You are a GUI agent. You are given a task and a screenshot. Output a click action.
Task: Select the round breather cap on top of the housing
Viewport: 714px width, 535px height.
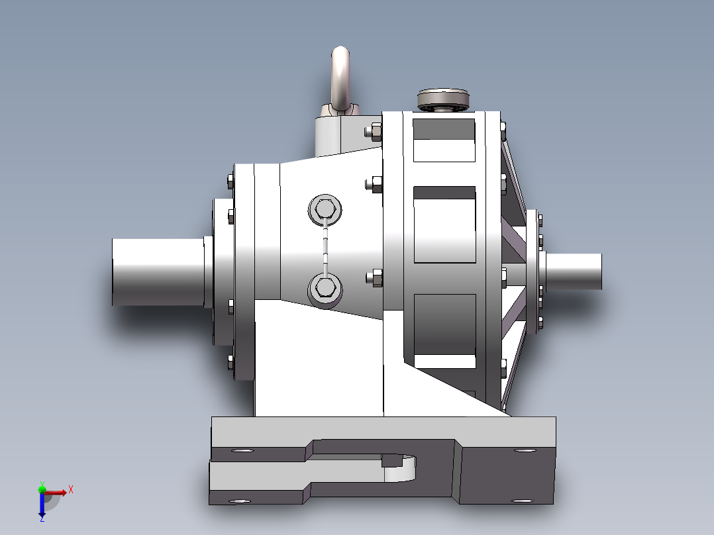[x=443, y=99]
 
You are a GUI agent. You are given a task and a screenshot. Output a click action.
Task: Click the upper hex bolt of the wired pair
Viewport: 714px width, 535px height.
[x=325, y=211]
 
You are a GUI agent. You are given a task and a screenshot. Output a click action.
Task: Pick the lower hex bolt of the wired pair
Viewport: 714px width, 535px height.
[x=325, y=287]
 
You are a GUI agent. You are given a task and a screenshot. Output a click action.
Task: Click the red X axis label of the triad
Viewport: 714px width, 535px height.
[x=70, y=489]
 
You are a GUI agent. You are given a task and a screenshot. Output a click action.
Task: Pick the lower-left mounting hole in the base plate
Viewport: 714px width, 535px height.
[x=239, y=501]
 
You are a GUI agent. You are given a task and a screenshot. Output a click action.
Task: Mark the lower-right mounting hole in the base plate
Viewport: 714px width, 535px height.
[x=522, y=501]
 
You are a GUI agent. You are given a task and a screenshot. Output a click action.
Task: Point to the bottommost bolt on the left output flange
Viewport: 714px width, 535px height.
[x=230, y=362]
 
